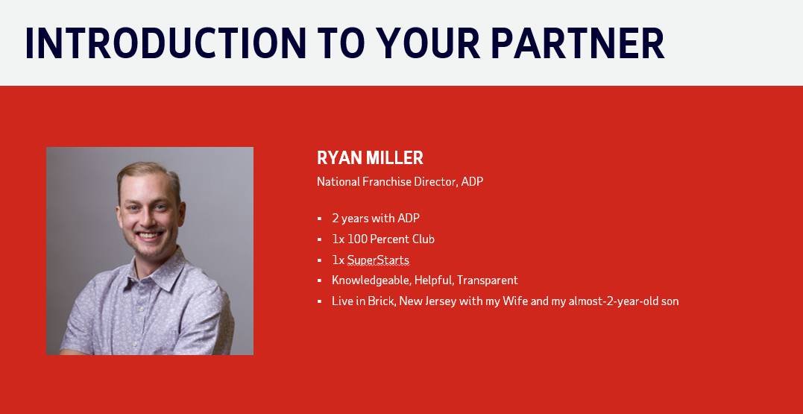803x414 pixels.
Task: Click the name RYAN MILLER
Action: pos(370,158)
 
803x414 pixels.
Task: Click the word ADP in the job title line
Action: pos(472,181)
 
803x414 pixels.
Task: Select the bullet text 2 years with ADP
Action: pos(376,219)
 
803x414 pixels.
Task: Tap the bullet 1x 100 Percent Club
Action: pos(383,239)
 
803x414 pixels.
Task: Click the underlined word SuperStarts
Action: pos(379,260)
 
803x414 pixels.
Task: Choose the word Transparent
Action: pos(488,280)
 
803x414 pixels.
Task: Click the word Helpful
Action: pos(434,280)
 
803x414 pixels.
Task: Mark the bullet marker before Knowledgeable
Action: pos(320,280)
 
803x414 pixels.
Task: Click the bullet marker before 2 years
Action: pos(320,219)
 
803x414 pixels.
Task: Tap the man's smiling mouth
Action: pos(150,236)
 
